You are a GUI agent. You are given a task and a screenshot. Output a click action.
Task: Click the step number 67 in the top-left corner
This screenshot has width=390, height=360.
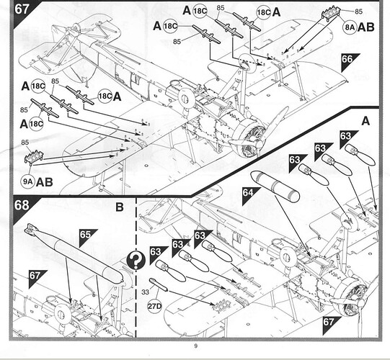pos(22,9)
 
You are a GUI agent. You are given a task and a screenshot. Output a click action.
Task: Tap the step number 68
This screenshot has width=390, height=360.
pos(22,205)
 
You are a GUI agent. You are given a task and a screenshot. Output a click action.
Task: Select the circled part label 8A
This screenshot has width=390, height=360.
pos(350,27)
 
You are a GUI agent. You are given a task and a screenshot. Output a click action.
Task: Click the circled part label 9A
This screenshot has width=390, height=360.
pos(28,181)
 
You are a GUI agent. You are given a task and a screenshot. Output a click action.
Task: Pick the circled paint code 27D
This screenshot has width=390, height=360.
pos(154,306)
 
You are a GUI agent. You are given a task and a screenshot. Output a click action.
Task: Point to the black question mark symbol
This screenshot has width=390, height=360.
pos(136,260)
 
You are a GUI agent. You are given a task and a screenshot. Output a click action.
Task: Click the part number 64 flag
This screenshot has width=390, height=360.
pos(249,194)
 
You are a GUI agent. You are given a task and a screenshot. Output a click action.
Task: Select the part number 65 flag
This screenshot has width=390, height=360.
pos(87,237)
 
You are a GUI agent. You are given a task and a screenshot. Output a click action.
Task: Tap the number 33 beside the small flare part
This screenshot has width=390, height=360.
pos(145,292)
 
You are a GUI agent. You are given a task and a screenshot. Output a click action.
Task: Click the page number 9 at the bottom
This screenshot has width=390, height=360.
pos(196,346)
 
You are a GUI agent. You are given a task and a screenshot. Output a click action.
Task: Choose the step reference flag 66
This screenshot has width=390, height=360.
pos(349,61)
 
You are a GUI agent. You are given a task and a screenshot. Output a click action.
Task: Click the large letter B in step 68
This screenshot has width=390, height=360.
pos(120,207)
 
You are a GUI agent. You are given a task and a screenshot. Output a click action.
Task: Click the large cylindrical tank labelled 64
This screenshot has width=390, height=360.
pos(275,186)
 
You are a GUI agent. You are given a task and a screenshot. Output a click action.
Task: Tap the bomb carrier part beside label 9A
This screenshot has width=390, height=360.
pos(34,157)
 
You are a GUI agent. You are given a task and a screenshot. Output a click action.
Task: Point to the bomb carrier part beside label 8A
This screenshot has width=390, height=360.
pos(332,12)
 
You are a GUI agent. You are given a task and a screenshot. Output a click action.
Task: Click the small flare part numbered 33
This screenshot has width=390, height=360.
pos(158,284)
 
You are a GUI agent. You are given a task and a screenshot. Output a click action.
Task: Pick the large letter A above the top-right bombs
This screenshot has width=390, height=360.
pos(365,121)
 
